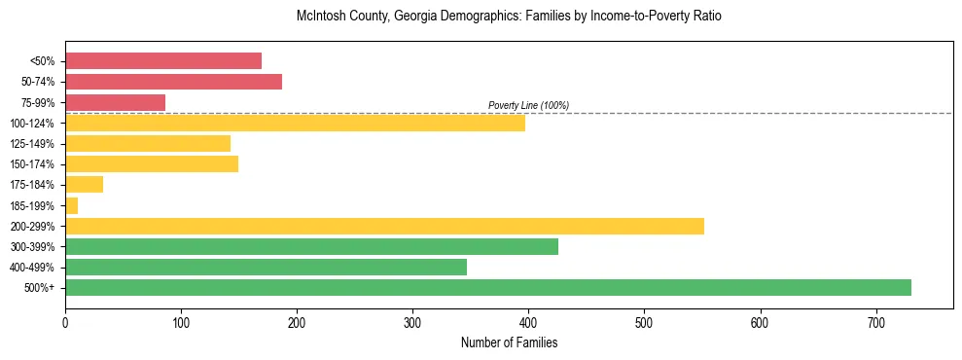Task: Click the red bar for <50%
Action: (x=163, y=61)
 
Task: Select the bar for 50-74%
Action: (x=173, y=82)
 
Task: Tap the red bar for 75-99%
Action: (x=115, y=102)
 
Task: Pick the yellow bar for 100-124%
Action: (x=295, y=123)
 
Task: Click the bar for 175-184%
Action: (x=84, y=185)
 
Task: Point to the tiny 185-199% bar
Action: (x=71, y=205)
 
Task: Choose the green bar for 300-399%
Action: (x=311, y=246)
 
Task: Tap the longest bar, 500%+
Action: (x=487, y=287)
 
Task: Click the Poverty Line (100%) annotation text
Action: (x=528, y=105)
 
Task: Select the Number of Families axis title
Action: (x=509, y=342)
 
